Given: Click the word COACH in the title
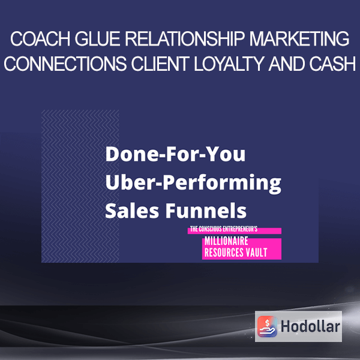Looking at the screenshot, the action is click(40, 39).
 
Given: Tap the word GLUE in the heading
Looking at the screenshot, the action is click(97, 39).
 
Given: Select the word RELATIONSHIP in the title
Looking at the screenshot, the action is click(184, 39).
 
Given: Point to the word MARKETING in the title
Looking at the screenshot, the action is click(299, 39).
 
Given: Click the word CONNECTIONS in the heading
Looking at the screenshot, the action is click(65, 64).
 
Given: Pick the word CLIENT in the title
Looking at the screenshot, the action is click(160, 64).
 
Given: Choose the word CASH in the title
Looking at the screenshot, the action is click(332, 64).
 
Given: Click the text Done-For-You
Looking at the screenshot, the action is click(175, 154).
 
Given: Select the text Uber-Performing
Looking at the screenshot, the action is click(193, 183).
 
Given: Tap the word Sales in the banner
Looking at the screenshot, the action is click(132, 211).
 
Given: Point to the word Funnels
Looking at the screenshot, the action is click(206, 211).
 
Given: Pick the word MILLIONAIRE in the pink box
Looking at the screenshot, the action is click(226, 241).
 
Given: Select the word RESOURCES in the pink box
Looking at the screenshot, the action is click(223, 253).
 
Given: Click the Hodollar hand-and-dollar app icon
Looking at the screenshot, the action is click(267, 326).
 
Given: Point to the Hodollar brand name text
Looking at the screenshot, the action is click(310, 326).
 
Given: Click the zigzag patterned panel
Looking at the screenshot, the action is click(80, 186).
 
